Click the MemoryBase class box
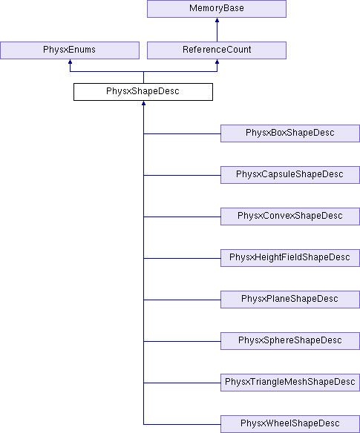coord(217,9)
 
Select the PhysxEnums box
coord(70,50)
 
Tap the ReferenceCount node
coord(217,50)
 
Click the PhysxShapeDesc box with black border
coord(143,92)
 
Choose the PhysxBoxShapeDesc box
coord(290,133)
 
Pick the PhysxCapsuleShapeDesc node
coord(290,175)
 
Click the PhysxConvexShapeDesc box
coord(290,216)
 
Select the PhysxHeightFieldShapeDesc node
coord(290,258)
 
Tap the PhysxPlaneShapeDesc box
coord(290,300)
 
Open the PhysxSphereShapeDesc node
coord(290,341)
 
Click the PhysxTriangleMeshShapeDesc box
coord(290,383)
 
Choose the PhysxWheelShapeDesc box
coord(290,424)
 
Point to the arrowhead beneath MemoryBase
coord(217,20)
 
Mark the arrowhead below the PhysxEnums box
coord(71,62)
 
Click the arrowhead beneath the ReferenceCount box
coord(217,62)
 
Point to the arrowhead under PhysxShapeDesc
coord(143,103)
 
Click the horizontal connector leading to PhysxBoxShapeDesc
coord(182,133)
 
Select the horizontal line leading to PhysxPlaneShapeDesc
coord(182,300)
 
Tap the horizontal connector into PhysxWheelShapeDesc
coord(182,424)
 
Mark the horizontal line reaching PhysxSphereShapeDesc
coord(182,341)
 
